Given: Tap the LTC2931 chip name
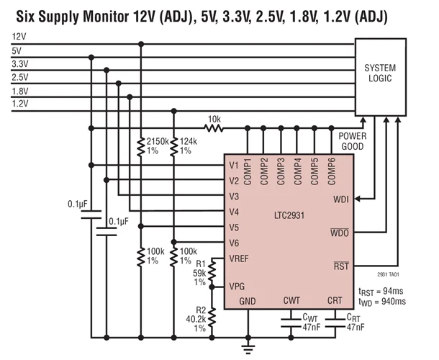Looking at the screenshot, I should click(x=291, y=214).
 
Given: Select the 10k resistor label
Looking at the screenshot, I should click(x=214, y=119).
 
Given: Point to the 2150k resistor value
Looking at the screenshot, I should click(x=158, y=142).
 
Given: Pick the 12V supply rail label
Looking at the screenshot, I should click(x=20, y=36).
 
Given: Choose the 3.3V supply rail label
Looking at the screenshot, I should click(x=20, y=63).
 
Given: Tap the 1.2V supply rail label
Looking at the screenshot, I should click(x=20, y=104).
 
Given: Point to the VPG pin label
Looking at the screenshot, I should click(x=237, y=285).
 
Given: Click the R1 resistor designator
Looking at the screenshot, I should click(x=201, y=264).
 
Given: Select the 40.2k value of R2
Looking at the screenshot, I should click(x=196, y=319).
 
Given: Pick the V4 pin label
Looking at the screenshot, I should click(x=234, y=212).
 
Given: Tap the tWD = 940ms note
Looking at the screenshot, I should click(x=382, y=301).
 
